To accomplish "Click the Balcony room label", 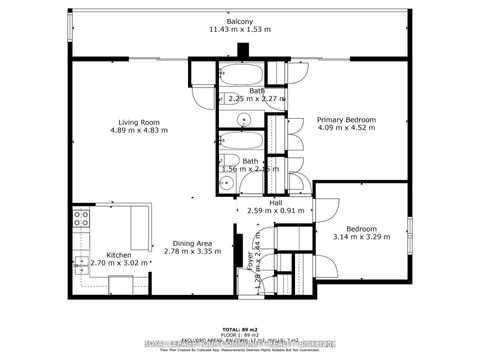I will click(239, 21).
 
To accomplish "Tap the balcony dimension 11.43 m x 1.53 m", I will click(239, 30).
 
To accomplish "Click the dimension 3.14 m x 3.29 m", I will click(360, 237).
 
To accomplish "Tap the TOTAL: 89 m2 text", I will click(240, 328).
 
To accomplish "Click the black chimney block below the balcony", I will click(241, 58).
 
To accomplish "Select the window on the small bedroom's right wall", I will click(410, 231).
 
